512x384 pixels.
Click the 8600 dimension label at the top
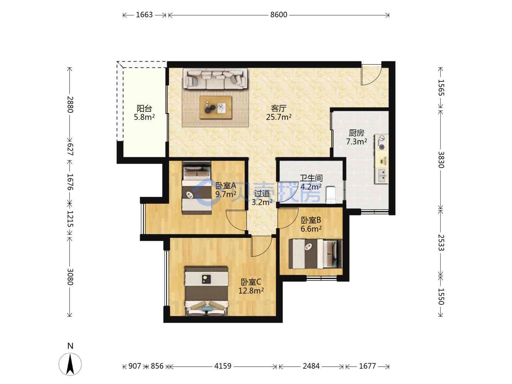point(278,15)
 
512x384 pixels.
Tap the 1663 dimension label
point(144,15)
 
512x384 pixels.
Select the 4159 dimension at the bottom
point(223,366)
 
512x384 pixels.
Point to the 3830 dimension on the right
point(441,160)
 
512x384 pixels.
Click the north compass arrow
point(70,364)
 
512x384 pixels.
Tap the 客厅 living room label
point(278,108)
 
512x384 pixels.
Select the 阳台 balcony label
point(144,108)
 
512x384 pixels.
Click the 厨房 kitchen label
point(356,133)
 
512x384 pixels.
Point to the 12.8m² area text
point(251,291)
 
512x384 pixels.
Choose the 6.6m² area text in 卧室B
point(311,229)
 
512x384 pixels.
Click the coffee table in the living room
point(216,107)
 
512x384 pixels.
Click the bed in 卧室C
point(206,291)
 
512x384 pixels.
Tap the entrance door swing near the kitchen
point(371,75)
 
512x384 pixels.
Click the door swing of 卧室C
point(261,246)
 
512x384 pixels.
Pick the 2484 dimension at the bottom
point(311,366)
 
